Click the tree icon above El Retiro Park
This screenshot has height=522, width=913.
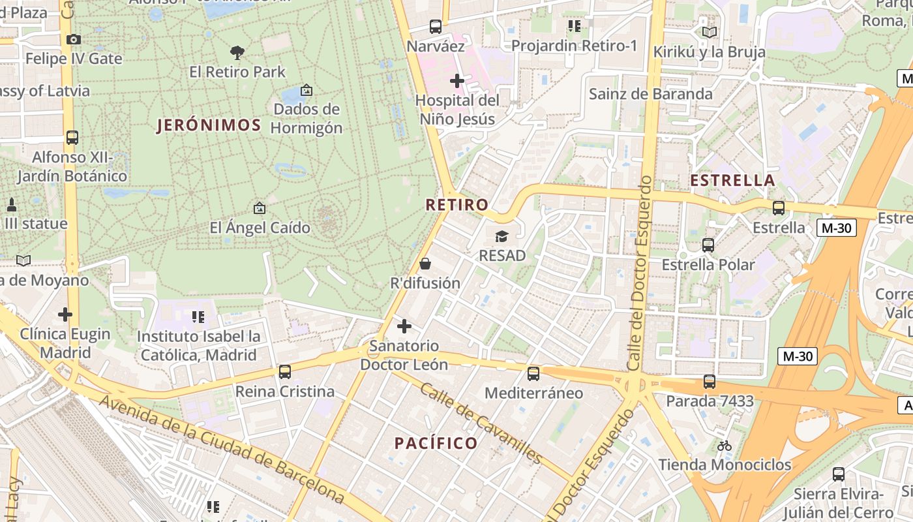[237, 52]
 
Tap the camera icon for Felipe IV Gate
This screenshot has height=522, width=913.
[73, 39]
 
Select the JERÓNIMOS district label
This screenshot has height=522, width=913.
[209, 125]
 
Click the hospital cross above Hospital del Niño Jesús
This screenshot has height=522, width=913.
[457, 81]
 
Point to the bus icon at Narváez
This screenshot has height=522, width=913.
[436, 27]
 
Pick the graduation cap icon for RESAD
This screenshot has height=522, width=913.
[501, 236]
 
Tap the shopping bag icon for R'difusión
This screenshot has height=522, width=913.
[425, 264]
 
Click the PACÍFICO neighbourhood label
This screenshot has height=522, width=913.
[436, 444]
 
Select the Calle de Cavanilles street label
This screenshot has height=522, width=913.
[481, 423]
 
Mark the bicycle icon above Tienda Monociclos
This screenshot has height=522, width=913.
[725, 446]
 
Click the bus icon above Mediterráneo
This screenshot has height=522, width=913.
[533, 374]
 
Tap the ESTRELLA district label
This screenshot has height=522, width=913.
[732, 181]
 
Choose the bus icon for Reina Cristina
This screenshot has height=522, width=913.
[285, 372]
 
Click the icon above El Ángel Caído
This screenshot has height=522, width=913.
[260, 208]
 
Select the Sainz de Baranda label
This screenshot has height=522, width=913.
[650, 94]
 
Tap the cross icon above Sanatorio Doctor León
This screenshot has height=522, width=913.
[404, 326]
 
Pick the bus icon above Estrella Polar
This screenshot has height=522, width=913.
[708, 245]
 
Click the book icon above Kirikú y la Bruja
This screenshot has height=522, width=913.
[709, 32]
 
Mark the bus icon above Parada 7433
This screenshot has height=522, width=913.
[710, 382]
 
